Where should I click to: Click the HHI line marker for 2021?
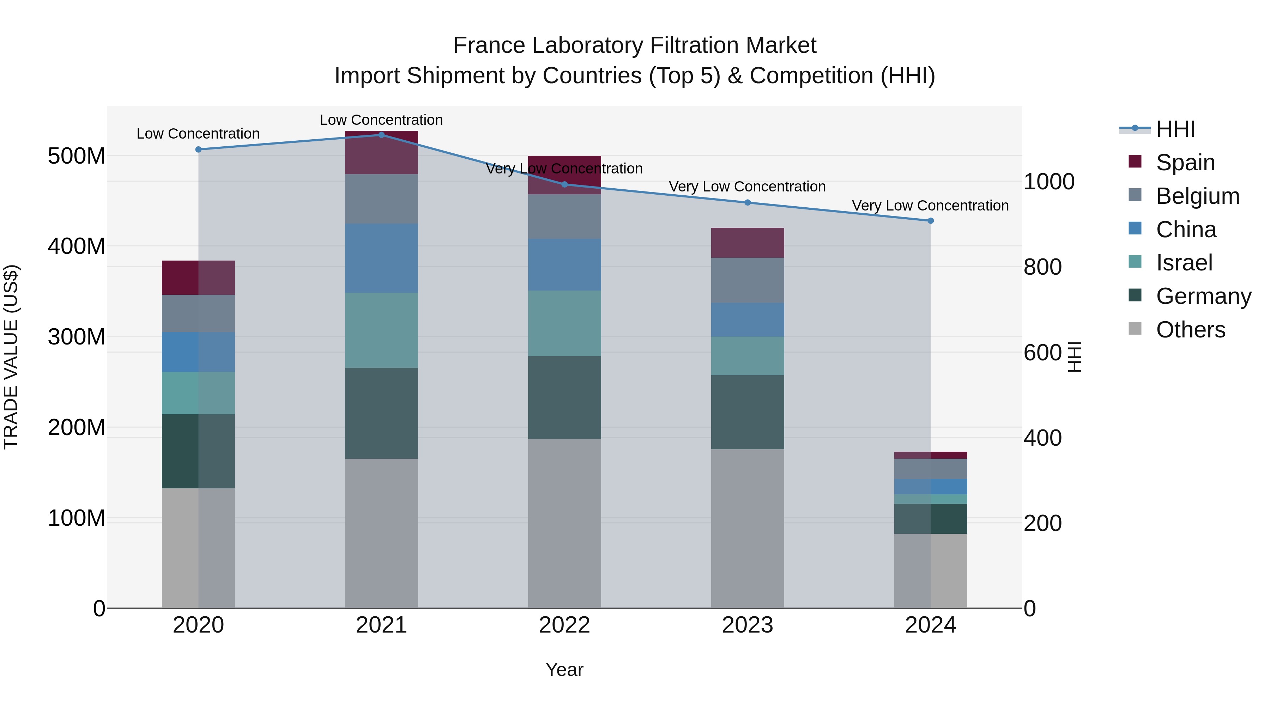[x=381, y=135]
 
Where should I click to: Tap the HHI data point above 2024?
[x=930, y=221]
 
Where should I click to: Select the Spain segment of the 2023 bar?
[x=748, y=243]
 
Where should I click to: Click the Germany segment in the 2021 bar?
[x=381, y=413]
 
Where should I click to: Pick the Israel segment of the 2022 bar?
[x=564, y=323]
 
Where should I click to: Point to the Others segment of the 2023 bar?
[x=748, y=528]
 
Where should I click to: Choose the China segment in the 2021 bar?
[x=381, y=258]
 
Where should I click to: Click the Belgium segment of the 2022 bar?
[x=564, y=216]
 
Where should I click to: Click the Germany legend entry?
[x=1203, y=296]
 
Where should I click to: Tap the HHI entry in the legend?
[x=1175, y=129]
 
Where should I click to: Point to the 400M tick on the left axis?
[x=77, y=246]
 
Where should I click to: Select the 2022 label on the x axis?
[x=564, y=625]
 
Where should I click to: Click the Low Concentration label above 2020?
[x=198, y=134]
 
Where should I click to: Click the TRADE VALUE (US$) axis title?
[x=11, y=357]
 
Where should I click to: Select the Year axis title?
[x=564, y=670]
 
